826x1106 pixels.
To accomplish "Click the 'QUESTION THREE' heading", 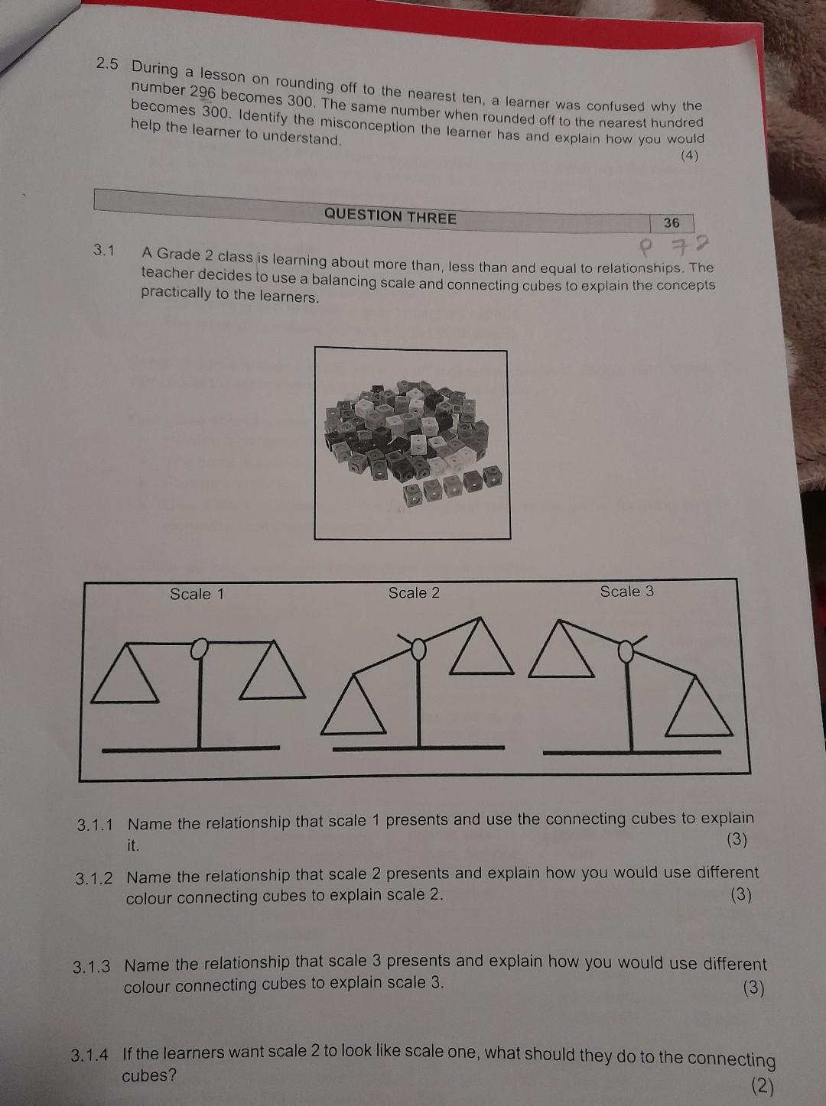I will pos(390,216).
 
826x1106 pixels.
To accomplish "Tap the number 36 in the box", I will pos(672,222).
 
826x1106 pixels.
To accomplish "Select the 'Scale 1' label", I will pos(197,594).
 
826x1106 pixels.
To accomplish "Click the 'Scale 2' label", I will pos(414,592).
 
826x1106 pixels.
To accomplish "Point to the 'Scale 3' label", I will pos(627,591).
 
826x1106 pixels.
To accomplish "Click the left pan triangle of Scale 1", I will pos(125,676).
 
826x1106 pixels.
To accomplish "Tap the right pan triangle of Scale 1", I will pos(272,674).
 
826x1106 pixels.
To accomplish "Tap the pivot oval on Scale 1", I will pos(199,648).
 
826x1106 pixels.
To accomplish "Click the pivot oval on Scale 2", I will pos(418,650).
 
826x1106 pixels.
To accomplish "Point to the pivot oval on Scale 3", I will pos(626,651).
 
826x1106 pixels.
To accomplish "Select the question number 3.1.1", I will pos(95,825).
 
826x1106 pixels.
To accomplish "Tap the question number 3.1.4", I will pos(89,1056).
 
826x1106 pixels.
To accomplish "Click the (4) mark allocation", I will pos(689,155).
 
